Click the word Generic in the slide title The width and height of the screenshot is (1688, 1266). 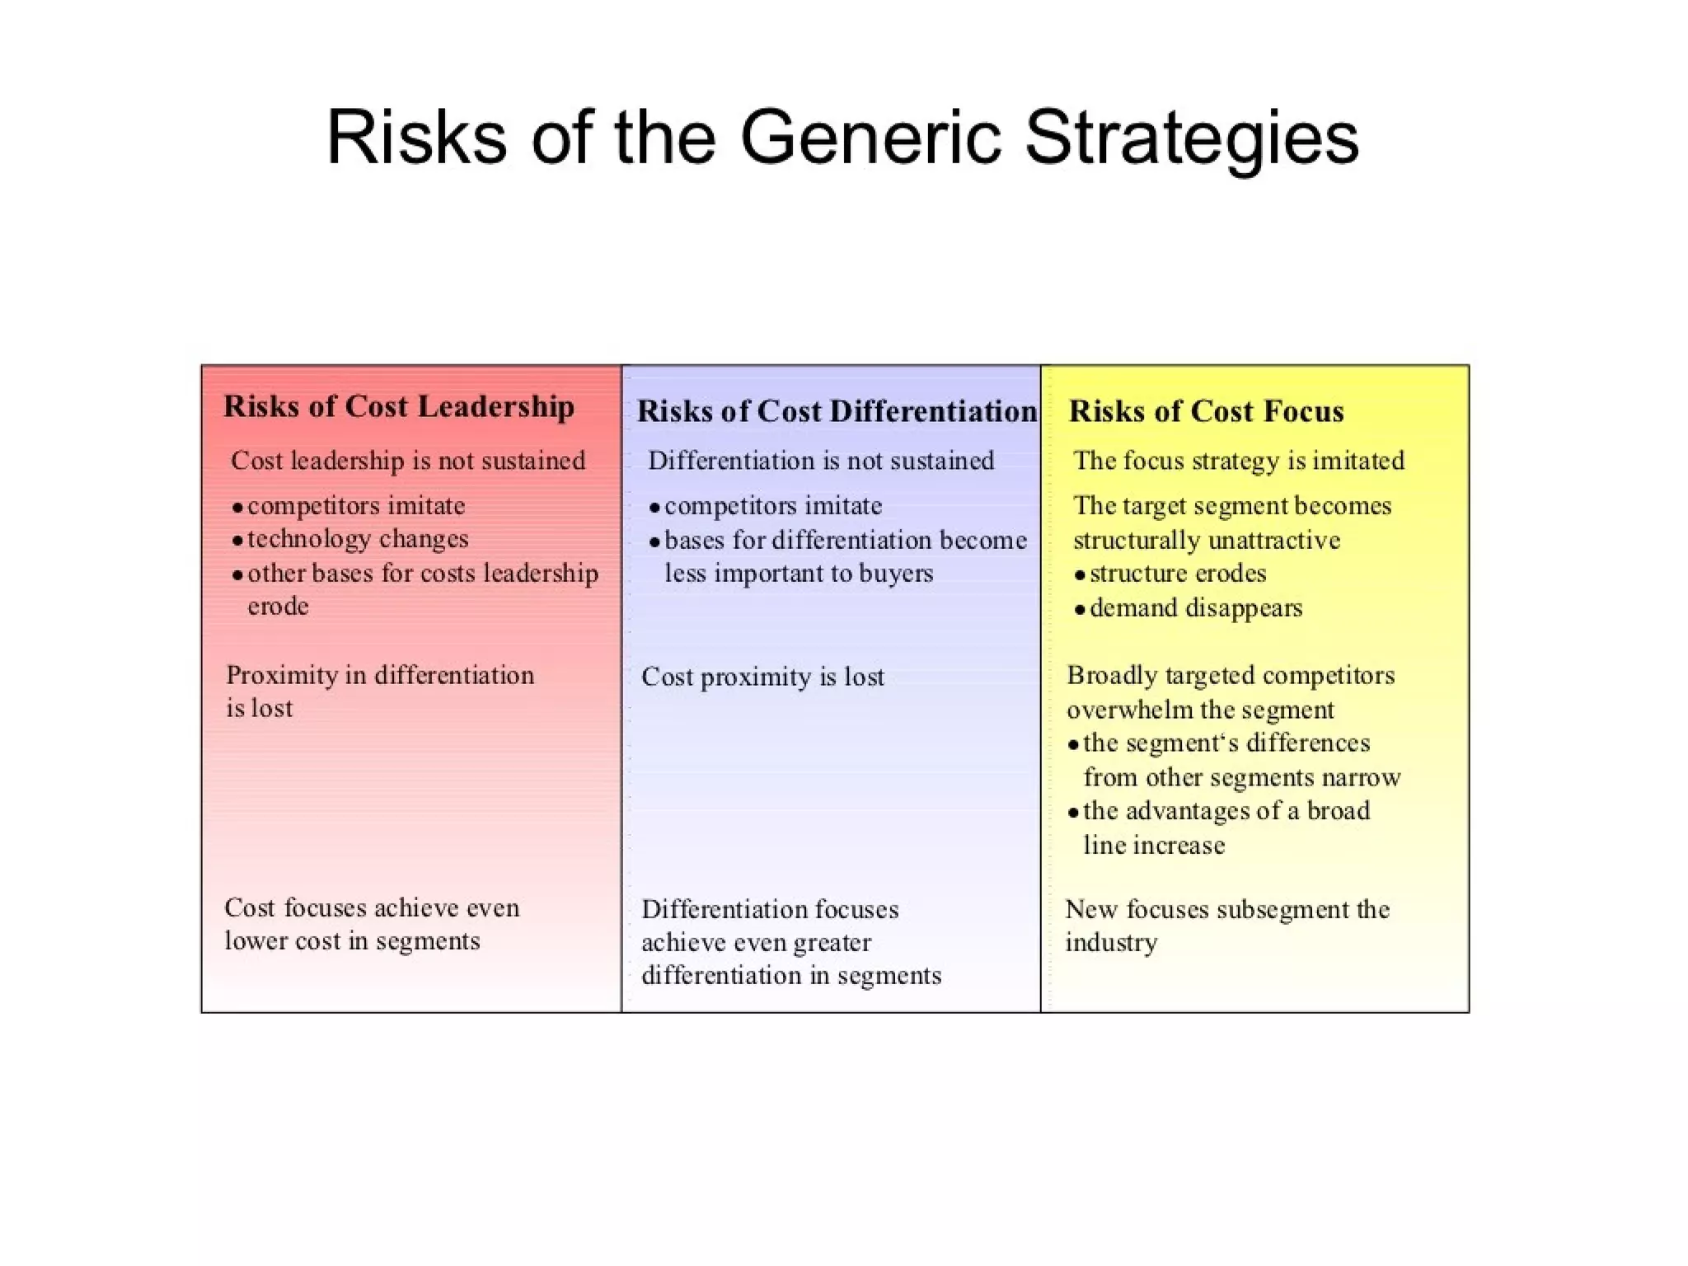[870, 138]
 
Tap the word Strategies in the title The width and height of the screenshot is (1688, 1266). [1191, 138]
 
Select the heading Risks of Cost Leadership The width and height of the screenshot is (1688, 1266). [399, 406]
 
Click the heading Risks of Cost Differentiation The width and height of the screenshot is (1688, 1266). [837, 411]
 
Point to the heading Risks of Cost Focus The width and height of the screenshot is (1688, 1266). [1206, 411]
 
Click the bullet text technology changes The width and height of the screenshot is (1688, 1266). [358, 539]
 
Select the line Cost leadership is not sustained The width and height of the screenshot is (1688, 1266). [408, 460]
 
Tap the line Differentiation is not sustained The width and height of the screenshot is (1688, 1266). [821, 460]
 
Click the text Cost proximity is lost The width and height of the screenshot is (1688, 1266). [762, 677]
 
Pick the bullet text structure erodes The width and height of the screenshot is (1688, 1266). [1178, 574]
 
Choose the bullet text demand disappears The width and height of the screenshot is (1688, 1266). [1196, 608]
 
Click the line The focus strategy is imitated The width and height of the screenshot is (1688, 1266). [1239, 460]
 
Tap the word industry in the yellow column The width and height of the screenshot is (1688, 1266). [1111, 942]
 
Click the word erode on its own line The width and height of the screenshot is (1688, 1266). [278, 607]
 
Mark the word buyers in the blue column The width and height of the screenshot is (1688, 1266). [896, 574]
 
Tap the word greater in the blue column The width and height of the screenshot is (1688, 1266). [829, 942]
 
